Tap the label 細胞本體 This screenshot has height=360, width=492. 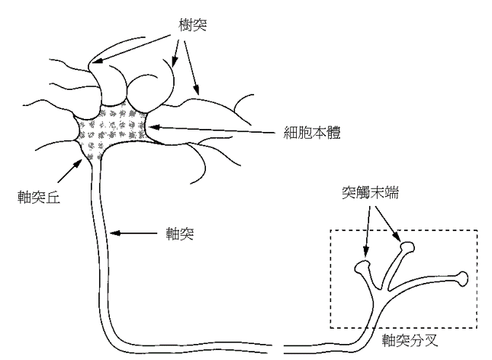pyautogui.click(x=307, y=132)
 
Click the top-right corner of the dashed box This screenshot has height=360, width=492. pyautogui.click(x=477, y=230)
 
